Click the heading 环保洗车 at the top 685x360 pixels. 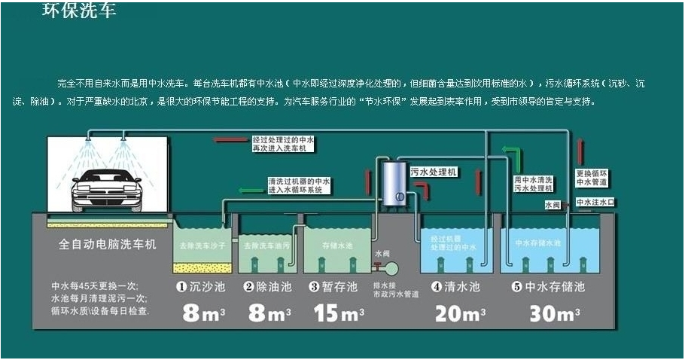click(x=78, y=11)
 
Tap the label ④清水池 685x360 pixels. click(x=455, y=287)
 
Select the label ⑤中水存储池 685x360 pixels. click(x=547, y=287)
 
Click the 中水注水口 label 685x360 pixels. click(x=595, y=202)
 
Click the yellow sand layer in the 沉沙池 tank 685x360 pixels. click(x=202, y=267)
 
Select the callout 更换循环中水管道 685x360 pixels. click(x=591, y=177)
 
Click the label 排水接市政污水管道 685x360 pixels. click(x=395, y=290)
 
